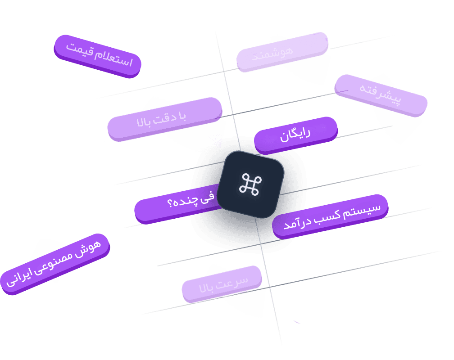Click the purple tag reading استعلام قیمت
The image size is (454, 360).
[98, 56]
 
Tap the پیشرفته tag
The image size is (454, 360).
[381, 95]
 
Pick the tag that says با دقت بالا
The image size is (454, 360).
[165, 119]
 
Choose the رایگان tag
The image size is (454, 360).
[295, 135]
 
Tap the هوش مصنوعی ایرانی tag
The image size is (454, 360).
[55, 264]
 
